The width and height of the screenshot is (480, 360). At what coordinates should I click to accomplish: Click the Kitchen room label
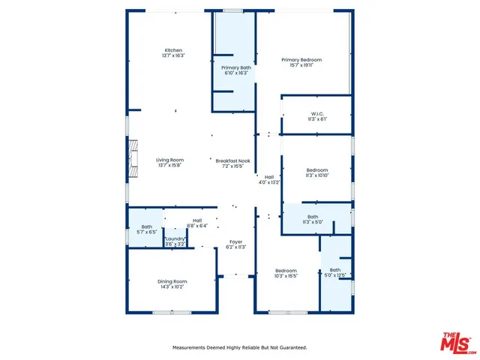tap(173, 50)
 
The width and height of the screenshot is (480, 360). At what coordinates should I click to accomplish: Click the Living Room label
tap(169, 160)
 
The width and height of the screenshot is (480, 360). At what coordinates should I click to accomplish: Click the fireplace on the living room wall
tap(132, 158)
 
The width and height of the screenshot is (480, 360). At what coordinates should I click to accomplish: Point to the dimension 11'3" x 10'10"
tap(317, 175)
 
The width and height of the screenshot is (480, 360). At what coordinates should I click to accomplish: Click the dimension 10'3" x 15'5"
tap(286, 275)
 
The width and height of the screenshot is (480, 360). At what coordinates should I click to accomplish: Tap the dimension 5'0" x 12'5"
tap(335, 274)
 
